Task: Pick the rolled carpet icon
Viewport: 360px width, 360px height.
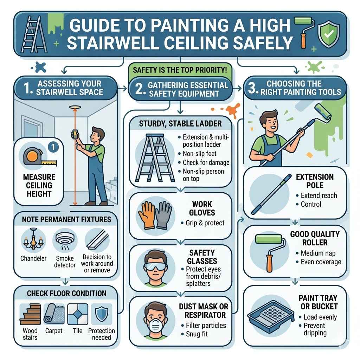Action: (x=54, y=314)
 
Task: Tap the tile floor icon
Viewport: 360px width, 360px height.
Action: (x=78, y=314)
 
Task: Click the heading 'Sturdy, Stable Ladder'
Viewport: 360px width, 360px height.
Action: (x=180, y=124)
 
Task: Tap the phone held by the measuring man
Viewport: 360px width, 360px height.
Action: (x=75, y=135)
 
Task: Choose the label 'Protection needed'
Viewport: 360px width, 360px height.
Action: (x=101, y=334)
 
